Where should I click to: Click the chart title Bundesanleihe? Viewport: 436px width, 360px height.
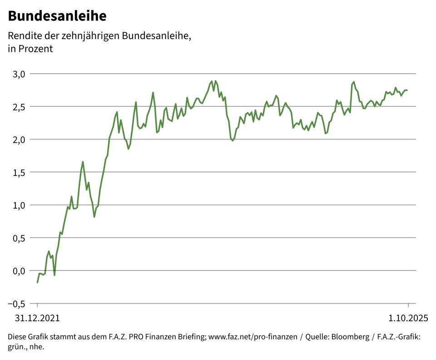pos(57,16)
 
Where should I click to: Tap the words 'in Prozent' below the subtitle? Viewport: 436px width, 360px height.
pos(30,49)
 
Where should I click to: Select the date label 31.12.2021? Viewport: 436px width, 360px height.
pos(37,318)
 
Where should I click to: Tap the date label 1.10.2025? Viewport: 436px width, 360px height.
pos(408,318)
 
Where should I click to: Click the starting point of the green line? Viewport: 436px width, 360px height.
pos(37,282)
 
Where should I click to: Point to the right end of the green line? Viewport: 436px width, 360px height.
pos(407,90)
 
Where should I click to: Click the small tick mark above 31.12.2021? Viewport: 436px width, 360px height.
pos(37,306)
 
